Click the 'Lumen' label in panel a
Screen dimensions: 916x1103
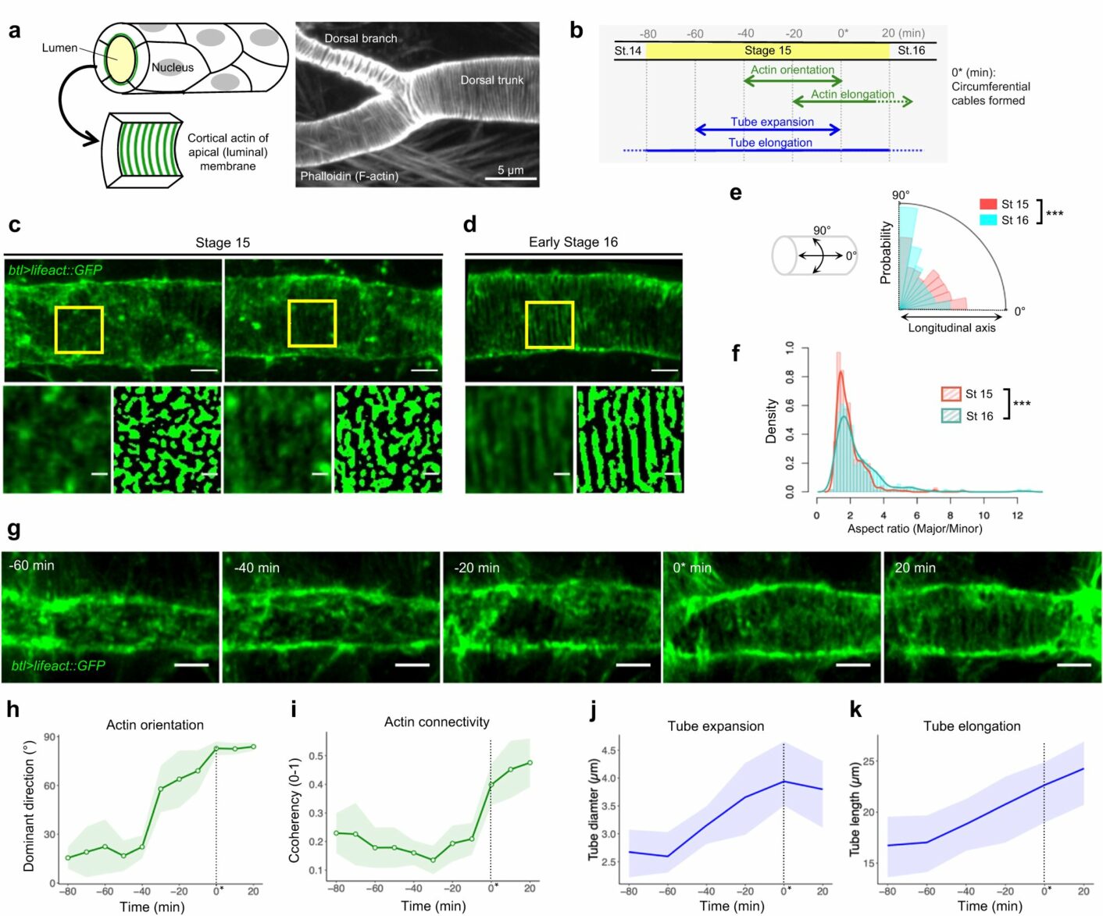pos(59,48)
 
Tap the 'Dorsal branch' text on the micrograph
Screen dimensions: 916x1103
pos(361,38)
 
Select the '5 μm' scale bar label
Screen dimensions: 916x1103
pos(511,170)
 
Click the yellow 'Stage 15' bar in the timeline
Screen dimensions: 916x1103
pos(767,51)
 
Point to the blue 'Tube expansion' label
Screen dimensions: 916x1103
pos(772,122)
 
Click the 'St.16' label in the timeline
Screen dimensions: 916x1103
pos(911,51)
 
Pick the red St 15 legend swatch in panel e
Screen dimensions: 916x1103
pos(988,205)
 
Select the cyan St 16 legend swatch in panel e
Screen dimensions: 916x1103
pos(988,220)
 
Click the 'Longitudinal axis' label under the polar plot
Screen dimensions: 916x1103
pos(951,328)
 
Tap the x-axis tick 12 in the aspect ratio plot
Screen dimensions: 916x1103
pos(1017,515)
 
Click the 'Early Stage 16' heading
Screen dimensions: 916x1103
pos(573,242)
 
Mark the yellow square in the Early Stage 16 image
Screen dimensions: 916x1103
pos(550,325)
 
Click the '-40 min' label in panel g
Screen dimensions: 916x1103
pos(257,568)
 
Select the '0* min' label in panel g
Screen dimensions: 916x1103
pos(692,568)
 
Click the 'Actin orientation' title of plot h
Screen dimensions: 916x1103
pos(155,725)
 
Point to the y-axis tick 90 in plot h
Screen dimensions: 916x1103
pos(50,737)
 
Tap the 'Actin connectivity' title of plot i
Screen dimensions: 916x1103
pos(437,722)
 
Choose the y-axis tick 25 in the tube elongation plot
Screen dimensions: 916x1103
pos(869,761)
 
